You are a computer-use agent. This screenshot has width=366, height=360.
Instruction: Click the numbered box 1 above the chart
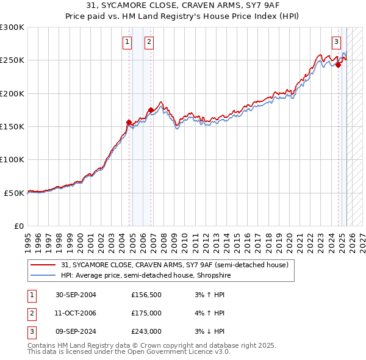[x=127, y=42]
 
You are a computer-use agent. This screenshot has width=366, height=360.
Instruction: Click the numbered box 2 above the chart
[x=149, y=42]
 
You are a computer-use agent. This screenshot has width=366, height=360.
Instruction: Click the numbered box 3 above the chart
[x=336, y=42]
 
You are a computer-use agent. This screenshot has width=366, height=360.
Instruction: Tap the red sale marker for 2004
[x=129, y=122]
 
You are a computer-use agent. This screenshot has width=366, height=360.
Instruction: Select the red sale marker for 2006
[x=151, y=110]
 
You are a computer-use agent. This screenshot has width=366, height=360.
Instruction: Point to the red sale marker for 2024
[x=338, y=65]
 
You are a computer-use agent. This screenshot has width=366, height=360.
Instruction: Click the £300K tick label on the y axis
[x=12, y=27]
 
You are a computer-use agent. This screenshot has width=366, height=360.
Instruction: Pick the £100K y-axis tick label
[x=12, y=159]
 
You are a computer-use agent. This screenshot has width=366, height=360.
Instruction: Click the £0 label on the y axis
[x=20, y=226]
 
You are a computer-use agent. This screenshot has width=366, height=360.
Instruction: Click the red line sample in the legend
[x=43, y=265]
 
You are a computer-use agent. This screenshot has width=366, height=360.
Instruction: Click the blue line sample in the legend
[x=43, y=275]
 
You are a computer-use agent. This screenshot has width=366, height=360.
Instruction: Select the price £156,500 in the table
[x=146, y=295]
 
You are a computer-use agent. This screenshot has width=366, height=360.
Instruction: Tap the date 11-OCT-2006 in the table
[x=76, y=314]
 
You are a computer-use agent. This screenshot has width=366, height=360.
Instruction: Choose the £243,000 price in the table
[x=146, y=332]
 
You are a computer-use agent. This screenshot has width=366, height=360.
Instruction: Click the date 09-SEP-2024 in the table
[x=76, y=332]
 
